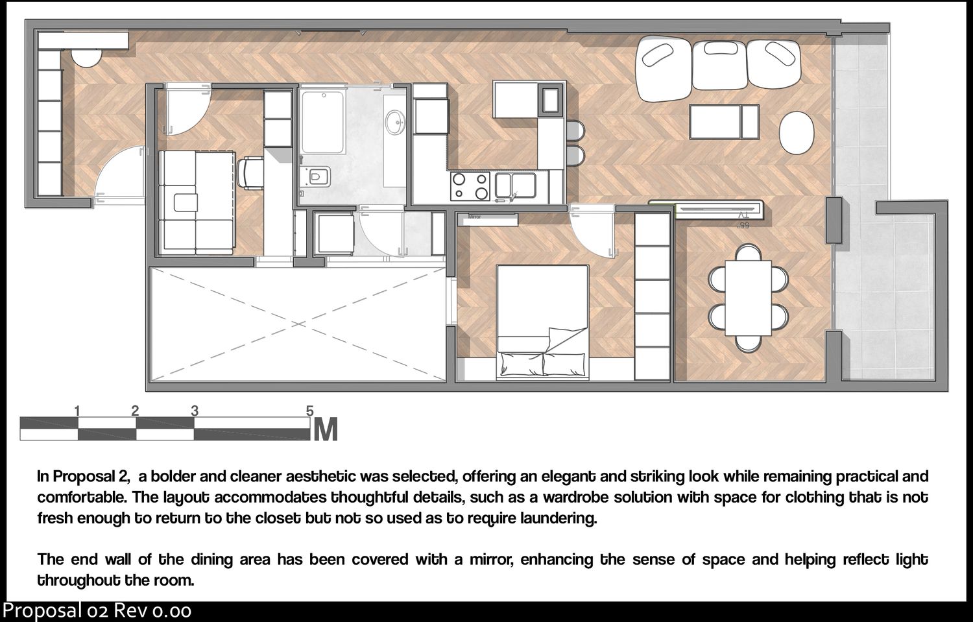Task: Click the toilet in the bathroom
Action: coord(318,177)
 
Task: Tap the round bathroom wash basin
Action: coord(394,122)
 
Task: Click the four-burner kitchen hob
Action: coord(470,186)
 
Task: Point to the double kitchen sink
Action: coord(515,185)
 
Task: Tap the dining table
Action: coord(748,298)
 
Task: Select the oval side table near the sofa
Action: coord(796,133)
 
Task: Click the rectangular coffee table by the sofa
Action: coord(724,122)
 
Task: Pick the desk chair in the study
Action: coord(250,174)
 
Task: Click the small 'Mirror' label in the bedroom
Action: coord(474,217)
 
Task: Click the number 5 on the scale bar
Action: coord(309,411)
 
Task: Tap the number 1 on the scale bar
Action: coord(77,411)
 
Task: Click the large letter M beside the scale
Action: coord(326,429)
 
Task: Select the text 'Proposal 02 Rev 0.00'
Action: coord(97,611)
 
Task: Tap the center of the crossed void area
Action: coord(298,324)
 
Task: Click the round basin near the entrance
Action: coord(86,57)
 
